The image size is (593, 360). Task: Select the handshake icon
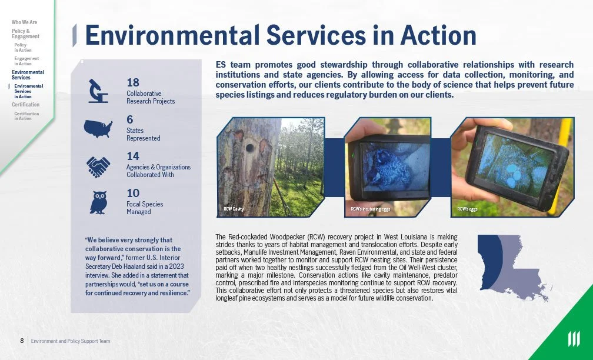tap(98, 166)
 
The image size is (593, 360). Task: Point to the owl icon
tap(99, 202)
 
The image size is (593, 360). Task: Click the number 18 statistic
tap(133, 82)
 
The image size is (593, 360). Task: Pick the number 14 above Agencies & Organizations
tap(133, 156)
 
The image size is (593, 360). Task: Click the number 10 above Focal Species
tap(133, 193)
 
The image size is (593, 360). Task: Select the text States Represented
tap(143, 134)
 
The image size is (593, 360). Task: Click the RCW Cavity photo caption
tap(234, 209)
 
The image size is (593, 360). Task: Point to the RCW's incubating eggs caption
tap(371, 209)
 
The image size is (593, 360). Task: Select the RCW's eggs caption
tap(468, 209)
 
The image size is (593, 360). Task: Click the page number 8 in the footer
tap(22, 341)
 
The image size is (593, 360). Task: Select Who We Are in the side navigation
tap(24, 22)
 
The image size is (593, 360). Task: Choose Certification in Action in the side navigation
tap(26, 116)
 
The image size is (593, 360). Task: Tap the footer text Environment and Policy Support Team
tap(71, 341)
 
